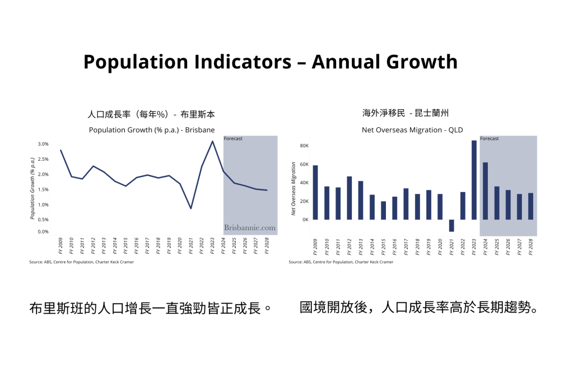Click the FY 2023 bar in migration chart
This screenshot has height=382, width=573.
point(474,180)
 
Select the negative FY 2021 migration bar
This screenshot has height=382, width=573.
point(451,225)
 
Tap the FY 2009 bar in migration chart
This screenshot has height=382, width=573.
point(315,192)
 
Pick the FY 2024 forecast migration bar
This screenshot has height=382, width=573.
point(485,190)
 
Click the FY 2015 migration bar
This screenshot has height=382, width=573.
point(383,210)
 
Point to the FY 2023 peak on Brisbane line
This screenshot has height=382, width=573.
point(212,141)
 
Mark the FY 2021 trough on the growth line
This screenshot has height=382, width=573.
point(191,208)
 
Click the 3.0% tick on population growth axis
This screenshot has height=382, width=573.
point(43,144)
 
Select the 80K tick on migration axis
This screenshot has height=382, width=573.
point(304,146)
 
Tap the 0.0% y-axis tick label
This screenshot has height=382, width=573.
point(43,231)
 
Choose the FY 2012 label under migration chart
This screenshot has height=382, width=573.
point(350,246)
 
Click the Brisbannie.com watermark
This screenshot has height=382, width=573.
point(250,228)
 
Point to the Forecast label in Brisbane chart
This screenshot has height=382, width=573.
point(233,138)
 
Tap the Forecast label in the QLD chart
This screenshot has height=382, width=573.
point(490,138)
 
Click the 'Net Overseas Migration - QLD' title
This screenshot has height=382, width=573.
point(412,130)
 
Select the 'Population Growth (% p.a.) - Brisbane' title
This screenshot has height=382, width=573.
point(151,130)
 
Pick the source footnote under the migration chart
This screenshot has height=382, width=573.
point(341,262)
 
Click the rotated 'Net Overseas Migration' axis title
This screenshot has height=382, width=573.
point(293,189)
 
